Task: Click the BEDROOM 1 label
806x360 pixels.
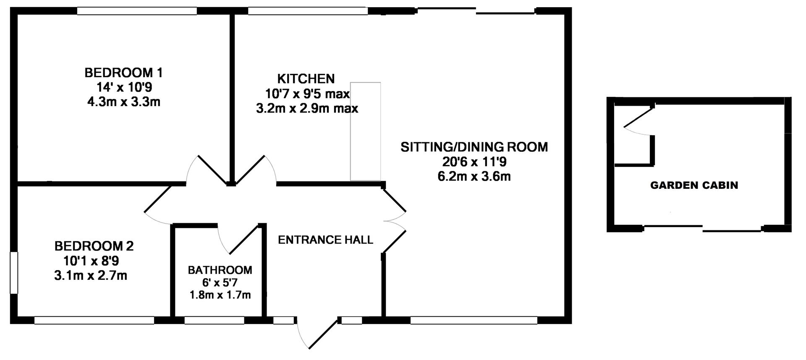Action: point(123,73)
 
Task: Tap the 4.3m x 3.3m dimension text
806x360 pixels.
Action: point(123,102)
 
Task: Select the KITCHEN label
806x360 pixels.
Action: point(306,78)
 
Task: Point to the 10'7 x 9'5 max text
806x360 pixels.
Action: point(307,93)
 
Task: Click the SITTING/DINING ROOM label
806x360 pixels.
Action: point(474,147)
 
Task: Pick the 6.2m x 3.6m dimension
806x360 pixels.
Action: point(474,176)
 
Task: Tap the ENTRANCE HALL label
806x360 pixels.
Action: point(325,240)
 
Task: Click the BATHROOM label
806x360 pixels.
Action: point(220,270)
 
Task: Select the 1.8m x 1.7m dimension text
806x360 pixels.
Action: point(220,295)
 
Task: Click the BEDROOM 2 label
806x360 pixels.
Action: point(94,246)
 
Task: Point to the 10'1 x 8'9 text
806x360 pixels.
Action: point(91,261)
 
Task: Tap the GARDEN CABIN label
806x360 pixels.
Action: point(694,185)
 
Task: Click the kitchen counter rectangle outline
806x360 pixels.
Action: point(366,131)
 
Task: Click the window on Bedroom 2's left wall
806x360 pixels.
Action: point(14,272)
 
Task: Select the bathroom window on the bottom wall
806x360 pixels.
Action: point(214,321)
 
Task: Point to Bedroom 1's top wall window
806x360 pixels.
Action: point(137,11)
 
